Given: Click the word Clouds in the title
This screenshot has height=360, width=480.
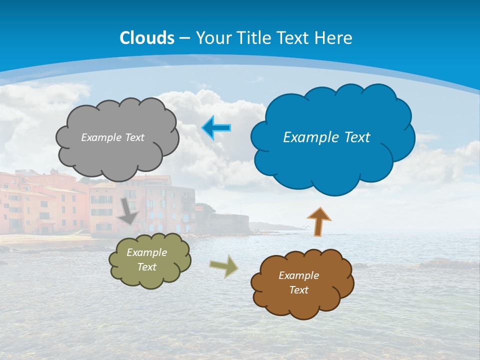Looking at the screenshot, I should click(x=147, y=38).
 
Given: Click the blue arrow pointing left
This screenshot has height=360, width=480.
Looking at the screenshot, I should click(x=216, y=128).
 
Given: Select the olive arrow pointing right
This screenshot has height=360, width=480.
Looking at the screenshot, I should click(x=224, y=266).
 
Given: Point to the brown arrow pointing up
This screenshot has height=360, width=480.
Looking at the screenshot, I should click(x=319, y=222).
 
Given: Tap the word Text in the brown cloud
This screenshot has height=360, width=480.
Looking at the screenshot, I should click(x=298, y=290).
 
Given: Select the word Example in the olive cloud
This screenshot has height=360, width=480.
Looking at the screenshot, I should click(x=146, y=252).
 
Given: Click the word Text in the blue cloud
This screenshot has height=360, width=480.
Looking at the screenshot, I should click(x=357, y=137).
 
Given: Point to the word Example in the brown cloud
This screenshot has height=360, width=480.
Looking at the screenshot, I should click(x=298, y=275).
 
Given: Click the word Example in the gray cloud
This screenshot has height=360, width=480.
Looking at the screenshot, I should click(x=100, y=137).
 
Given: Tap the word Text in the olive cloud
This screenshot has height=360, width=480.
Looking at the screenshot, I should click(x=146, y=267).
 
